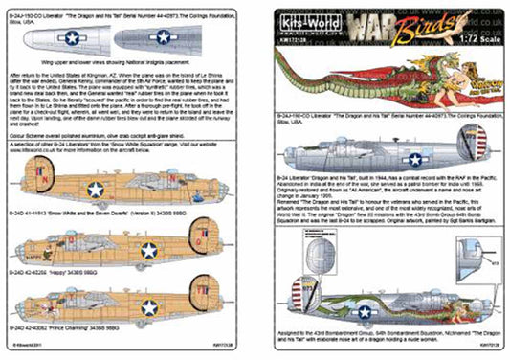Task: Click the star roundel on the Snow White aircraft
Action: click(x=97, y=190)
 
